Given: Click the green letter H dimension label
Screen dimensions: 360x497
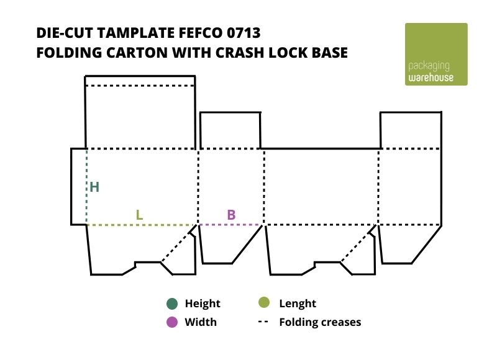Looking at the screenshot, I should (94, 187).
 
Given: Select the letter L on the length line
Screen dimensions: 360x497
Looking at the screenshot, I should (140, 215).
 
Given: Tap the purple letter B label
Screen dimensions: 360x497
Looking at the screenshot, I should (231, 215).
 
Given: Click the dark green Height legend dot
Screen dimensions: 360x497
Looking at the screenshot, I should (172, 304).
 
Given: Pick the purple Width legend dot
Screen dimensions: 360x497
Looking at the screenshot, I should (172, 322).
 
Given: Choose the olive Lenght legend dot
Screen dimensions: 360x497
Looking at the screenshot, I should (264, 303).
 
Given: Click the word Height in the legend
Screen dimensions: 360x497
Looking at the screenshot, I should (203, 304).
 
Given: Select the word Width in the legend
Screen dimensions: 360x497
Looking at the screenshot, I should (201, 322).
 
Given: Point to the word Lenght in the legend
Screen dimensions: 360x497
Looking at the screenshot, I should (298, 304).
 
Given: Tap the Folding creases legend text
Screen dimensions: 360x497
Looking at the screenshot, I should (320, 322).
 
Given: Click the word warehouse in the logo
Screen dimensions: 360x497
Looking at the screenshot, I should (431, 78).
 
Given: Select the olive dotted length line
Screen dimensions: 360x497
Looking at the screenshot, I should (142, 225).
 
